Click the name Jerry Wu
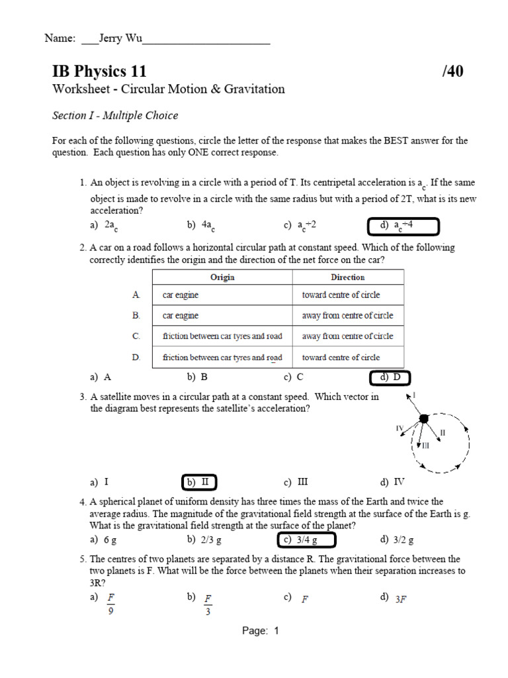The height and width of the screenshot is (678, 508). [120, 38]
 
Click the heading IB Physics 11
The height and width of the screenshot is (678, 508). [99, 72]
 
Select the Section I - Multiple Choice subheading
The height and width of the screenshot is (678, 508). [115, 115]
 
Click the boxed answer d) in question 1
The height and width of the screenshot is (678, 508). [403, 226]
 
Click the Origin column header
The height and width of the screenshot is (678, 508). [222, 277]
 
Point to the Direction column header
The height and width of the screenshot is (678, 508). [347, 277]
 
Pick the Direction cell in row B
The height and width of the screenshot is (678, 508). [347, 316]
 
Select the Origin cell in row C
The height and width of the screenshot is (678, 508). [222, 336]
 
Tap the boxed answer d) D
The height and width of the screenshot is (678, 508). [390, 377]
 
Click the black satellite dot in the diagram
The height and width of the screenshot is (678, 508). [425, 418]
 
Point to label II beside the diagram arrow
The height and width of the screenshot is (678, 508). [443, 432]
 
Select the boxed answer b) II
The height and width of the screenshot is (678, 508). [199, 482]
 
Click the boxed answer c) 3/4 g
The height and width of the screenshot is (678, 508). [306, 540]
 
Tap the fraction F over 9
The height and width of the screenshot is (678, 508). [111, 604]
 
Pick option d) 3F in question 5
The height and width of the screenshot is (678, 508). [395, 599]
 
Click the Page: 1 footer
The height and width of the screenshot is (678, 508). [261, 631]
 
